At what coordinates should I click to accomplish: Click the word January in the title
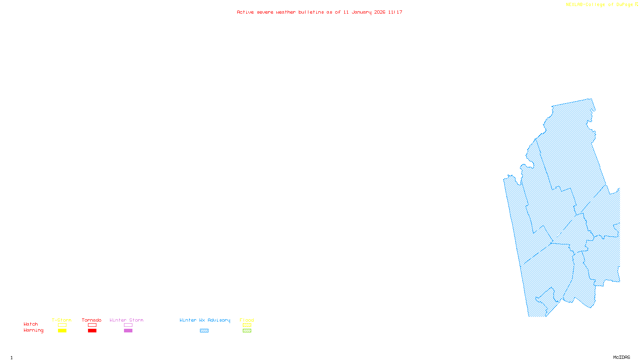coord(361,12)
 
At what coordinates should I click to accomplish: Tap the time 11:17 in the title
coord(395,12)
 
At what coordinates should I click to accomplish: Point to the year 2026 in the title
coord(380,12)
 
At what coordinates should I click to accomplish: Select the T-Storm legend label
coord(62,320)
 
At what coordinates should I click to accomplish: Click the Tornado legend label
coord(92,320)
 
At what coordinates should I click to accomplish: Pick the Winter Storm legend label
coord(126,320)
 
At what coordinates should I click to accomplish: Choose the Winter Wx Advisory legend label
coord(205,320)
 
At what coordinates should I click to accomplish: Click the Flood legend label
coord(247,320)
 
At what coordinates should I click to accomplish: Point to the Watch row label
coord(31,324)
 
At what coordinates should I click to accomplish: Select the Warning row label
coord(34,330)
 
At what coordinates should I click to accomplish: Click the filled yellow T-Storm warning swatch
coord(62,331)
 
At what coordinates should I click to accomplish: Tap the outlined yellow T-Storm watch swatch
coord(62,325)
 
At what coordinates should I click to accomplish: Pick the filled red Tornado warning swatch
coord(92,331)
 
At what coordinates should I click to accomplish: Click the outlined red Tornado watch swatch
coord(92,325)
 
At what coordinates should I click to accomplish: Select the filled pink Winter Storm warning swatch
coord(128,331)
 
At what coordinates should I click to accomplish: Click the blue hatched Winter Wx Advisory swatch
coord(204,331)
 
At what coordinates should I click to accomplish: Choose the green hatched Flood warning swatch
coord(247,331)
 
